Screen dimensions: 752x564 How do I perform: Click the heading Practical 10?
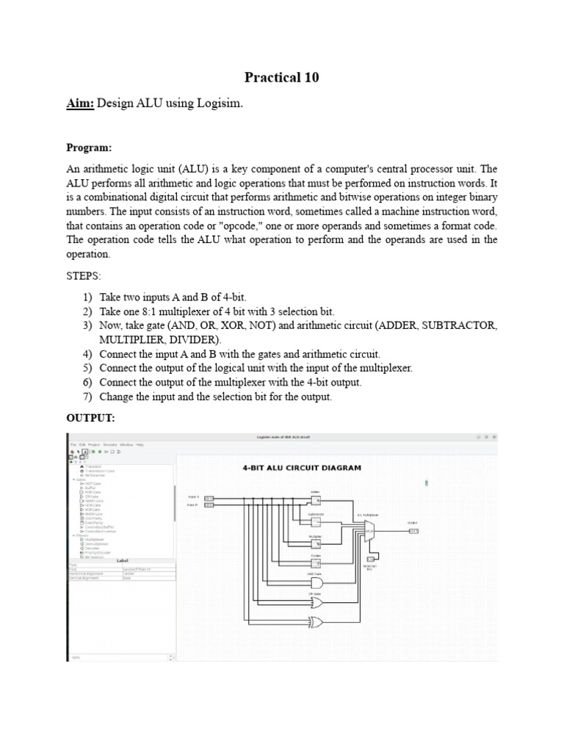click(x=282, y=78)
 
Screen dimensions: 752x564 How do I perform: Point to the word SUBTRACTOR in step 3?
click(x=457, y=325)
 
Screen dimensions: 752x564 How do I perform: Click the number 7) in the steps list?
click(x=87, y=397)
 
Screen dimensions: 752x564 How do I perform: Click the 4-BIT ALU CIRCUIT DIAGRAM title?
click(x=301, y=467)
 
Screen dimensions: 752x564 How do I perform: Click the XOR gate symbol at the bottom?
click(x=317, y=622)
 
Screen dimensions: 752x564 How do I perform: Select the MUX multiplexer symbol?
click(x=369, y=532)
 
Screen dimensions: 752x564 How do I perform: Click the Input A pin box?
click(x=209, y=497)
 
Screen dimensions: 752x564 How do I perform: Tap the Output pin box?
click(x=413, y=531)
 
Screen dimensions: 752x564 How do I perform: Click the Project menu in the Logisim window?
click(x=93, y=444)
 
